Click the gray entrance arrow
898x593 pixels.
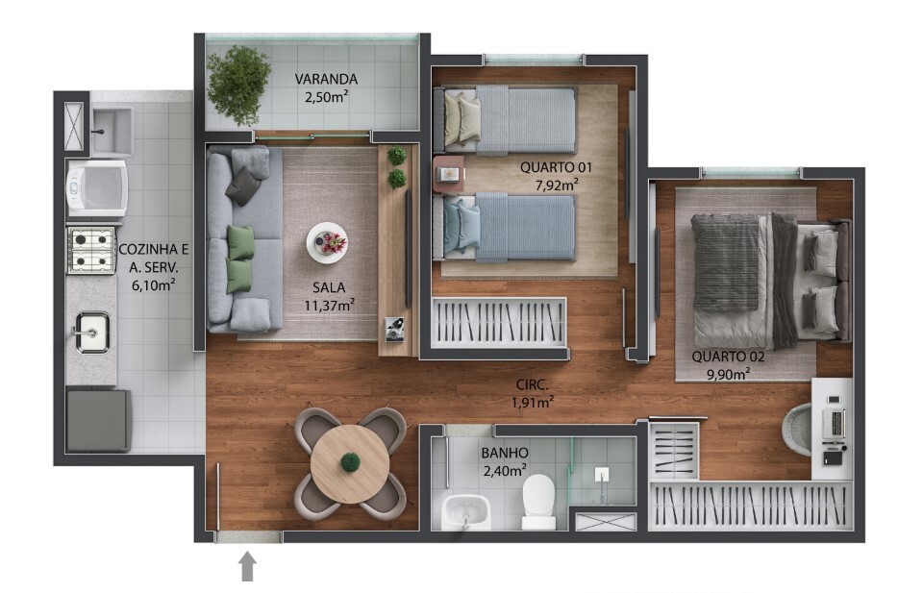pos(247,566)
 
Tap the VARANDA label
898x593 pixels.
pos(326,79)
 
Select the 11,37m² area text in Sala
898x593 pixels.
pos(329,305)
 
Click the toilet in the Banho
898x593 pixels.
pos(538,502)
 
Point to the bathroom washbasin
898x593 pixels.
pos(465,511)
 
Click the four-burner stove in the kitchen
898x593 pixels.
pos(91,250)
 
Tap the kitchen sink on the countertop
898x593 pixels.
pos(92,332)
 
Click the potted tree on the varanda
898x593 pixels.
pos(238,85)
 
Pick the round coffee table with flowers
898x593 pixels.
pos(327,243)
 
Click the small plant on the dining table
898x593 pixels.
pos(350,462)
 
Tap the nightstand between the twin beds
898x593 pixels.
pos(449,174)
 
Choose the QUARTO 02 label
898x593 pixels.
pos(728,357)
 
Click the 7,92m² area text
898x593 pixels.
pos(556,185)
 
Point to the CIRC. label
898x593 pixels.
pos(532,385)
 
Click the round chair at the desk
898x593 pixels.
pos(797,429)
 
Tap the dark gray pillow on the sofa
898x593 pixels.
pos(244,186)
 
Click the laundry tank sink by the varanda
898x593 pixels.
pos(112,131)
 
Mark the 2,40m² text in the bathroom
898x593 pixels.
pos(505,471)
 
